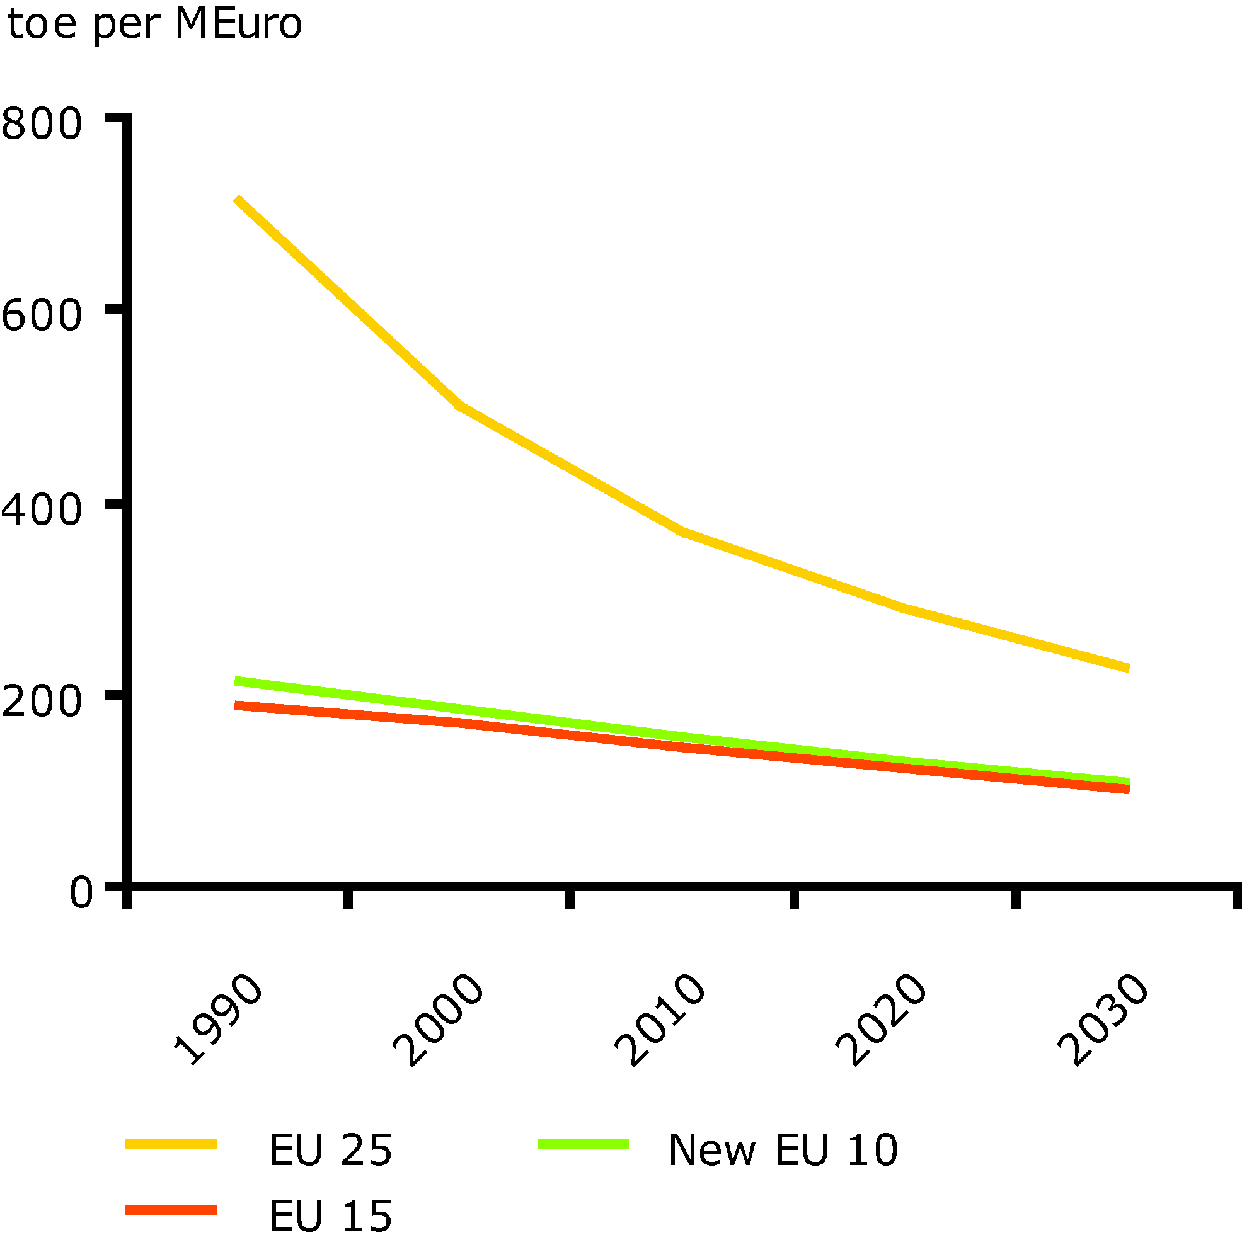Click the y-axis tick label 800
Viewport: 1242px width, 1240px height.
point(42,123)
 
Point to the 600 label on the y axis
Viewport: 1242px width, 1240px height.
point(42,316)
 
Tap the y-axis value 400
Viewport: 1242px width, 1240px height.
point(42,509)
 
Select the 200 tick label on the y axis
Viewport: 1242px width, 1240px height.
point(42,700)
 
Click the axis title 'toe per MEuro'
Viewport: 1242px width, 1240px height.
point(154,25)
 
